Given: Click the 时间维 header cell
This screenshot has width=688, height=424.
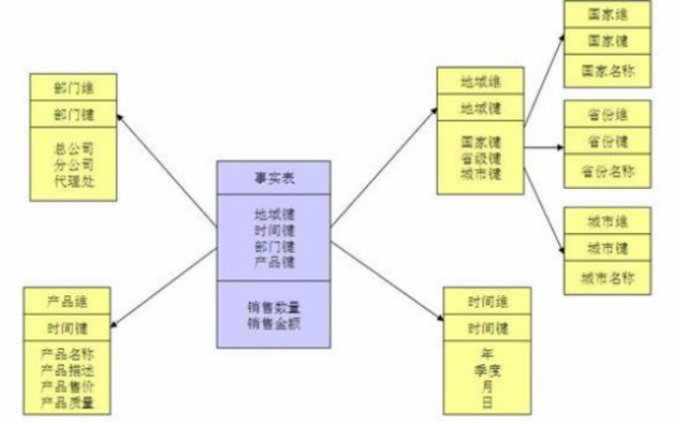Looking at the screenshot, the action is tap(487, 302).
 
